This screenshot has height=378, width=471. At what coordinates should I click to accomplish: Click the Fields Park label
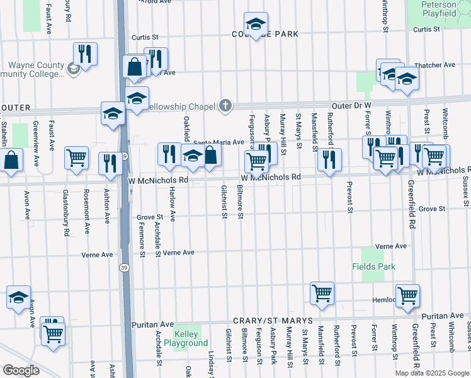pyautogui.click(x=373, y=266)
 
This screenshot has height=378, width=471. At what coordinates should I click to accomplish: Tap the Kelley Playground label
pyautogui.click(x=186, y=339)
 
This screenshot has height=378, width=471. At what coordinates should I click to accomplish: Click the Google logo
pyautogui.click(x=21, y=370)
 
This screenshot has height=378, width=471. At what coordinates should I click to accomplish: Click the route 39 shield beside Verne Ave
pyautogui.click(x=126, y=267)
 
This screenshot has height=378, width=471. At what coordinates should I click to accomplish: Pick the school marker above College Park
pyautogui.click(x=256, y=25)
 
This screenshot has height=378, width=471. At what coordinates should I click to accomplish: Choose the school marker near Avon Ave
pyautogui.click(x=18, y=297)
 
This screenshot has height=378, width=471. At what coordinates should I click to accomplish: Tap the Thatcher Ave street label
pyautogui.click(x=434, y=65)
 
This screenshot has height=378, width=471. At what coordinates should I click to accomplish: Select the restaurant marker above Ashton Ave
pyautogui.click(x=110, y=163)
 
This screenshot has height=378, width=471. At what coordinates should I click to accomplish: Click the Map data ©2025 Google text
pyautogui.click(x=432, y=373)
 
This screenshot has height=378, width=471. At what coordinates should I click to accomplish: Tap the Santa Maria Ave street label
pyautogui.click(x=218, y=142)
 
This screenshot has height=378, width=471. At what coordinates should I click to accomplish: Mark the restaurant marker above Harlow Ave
pyautogui.click(x=169, y=154)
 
